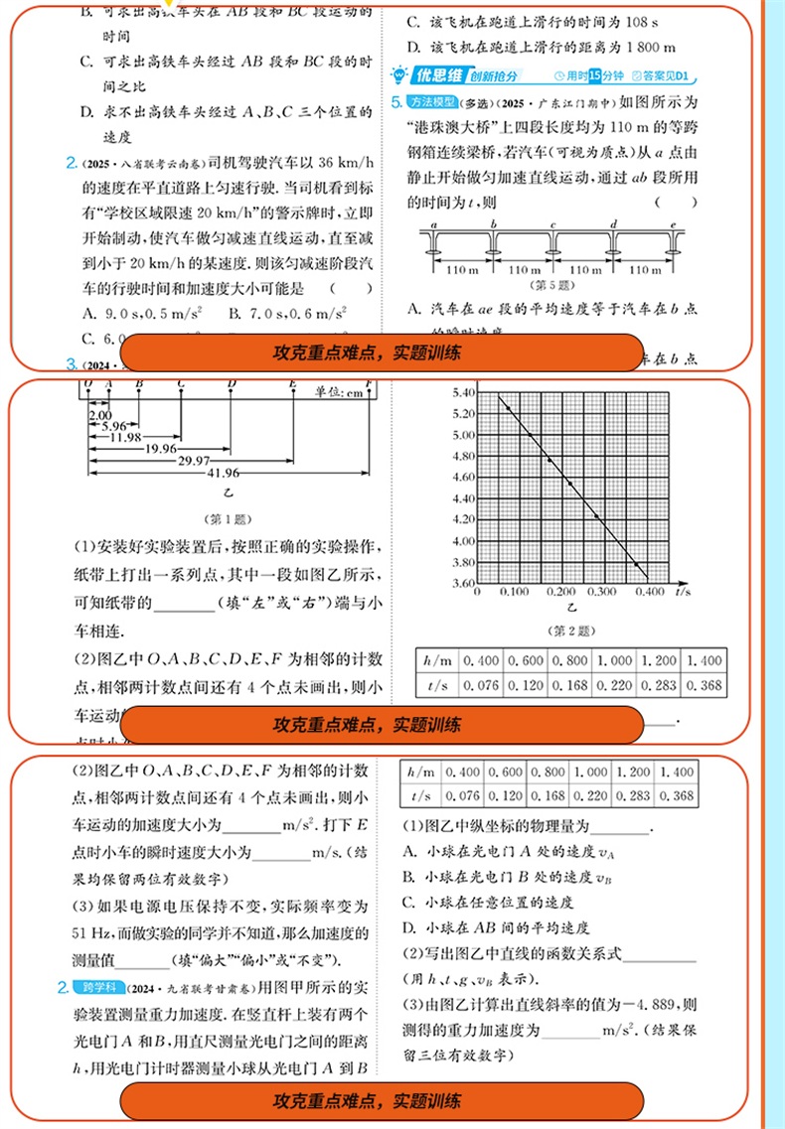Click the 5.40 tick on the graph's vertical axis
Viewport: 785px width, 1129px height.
point(464,393)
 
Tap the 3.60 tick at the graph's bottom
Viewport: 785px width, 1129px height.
point(464,583)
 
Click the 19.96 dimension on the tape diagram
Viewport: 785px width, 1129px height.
point(160,449)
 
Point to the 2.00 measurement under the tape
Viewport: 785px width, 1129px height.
point(99,414)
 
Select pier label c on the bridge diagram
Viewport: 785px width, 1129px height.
point(552,225)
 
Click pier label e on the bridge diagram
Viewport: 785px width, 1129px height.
point(674,225)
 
